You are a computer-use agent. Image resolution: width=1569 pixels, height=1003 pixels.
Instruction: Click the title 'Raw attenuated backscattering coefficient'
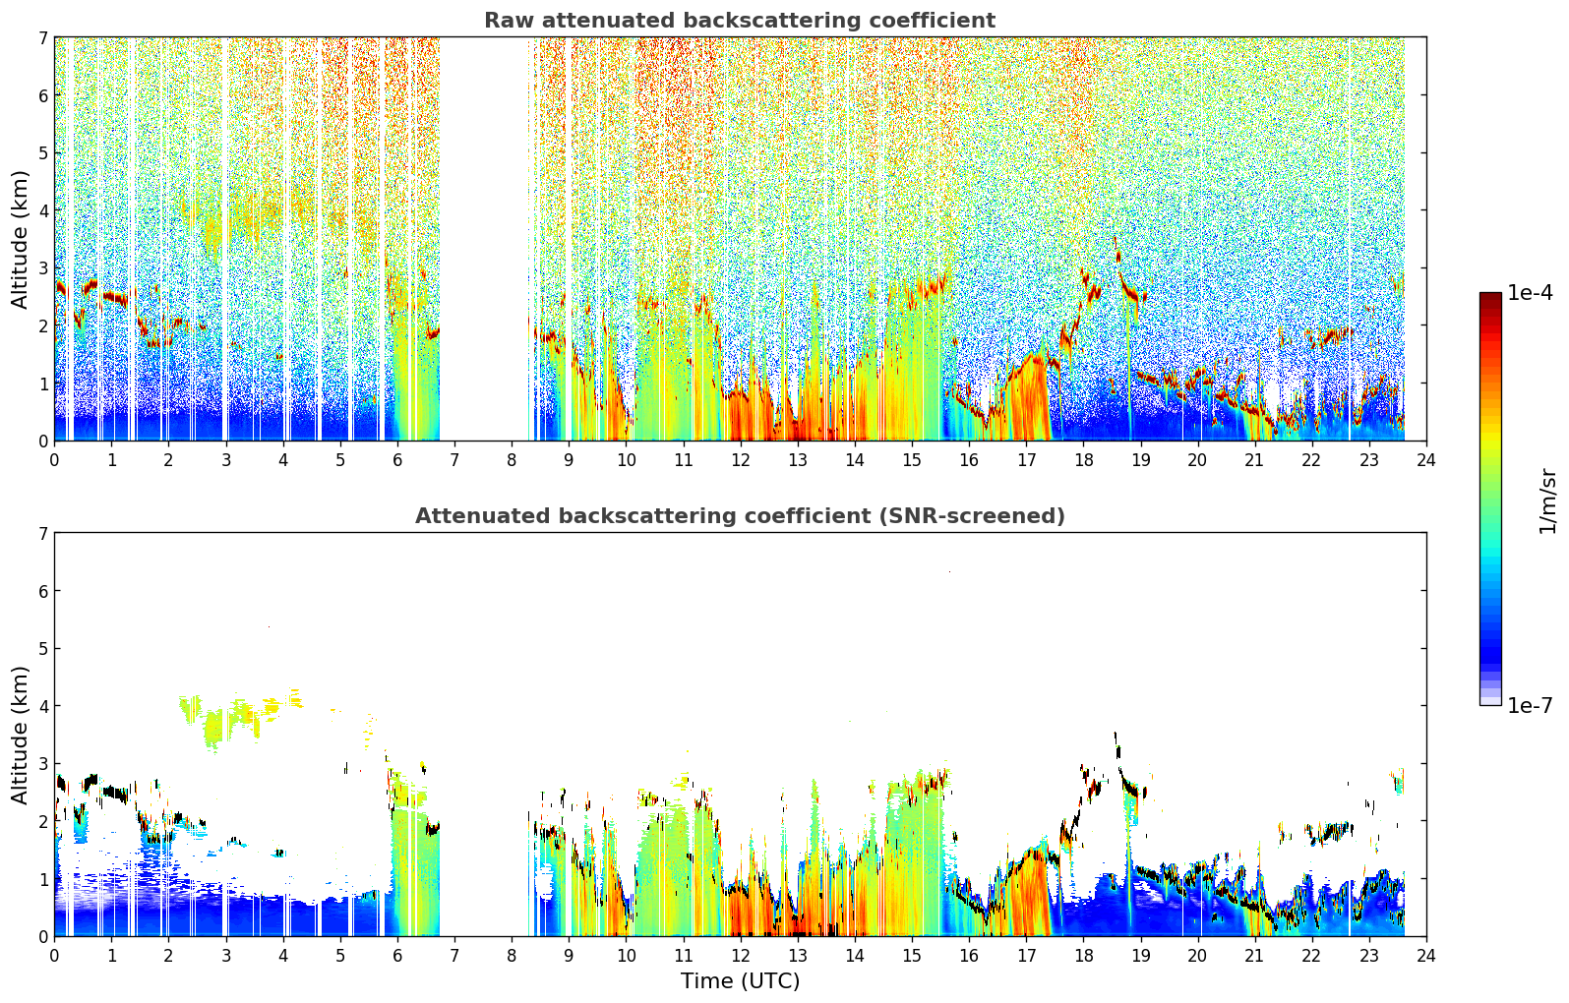click(740, 21)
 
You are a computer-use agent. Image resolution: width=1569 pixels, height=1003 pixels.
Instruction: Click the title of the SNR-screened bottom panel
click(740, 515)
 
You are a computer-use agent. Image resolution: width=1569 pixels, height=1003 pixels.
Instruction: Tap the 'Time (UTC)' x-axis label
click(740, 980)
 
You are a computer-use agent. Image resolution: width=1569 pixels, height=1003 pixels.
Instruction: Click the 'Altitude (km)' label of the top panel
click(20, 240)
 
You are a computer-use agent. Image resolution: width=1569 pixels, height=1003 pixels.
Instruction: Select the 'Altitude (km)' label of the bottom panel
click(20, 735)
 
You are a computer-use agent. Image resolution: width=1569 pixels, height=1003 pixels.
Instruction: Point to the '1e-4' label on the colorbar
click(1530, 293)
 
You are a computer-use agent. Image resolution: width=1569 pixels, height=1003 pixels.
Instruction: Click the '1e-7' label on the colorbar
click(1530, 706)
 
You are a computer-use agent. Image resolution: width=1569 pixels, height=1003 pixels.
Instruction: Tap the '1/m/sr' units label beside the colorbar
click(1547, 501)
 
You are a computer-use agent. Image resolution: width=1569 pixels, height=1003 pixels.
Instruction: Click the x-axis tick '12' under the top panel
click(741, 460)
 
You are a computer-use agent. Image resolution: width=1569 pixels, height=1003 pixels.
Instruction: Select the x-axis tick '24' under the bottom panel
click(1426, 956)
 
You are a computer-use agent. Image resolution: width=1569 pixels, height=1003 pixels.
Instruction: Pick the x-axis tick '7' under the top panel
click(454, 460)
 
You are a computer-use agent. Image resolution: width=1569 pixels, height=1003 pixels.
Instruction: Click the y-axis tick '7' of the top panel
click(42, 37)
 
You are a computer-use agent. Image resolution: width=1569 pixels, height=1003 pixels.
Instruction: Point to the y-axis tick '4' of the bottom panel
click(42, 706)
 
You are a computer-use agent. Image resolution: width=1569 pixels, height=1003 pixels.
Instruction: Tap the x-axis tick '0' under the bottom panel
click(55, 956)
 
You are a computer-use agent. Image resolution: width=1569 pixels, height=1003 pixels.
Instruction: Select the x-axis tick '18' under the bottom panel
click(1084, 956)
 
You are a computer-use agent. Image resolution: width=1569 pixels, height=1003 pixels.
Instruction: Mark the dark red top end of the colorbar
click(1490, 296)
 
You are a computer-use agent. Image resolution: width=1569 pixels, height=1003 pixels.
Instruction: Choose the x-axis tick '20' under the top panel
click(1198, 460)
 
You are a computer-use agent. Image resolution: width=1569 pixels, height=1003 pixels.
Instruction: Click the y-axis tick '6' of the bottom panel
click(42, 591)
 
